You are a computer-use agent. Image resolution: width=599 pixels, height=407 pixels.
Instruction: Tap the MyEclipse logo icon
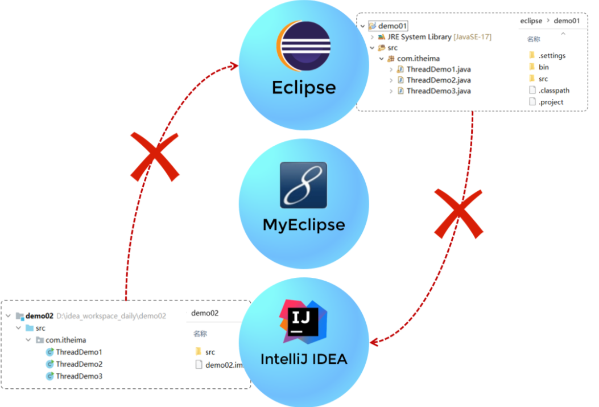[304, 185]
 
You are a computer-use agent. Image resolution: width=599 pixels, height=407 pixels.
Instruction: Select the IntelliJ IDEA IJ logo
[303, 320]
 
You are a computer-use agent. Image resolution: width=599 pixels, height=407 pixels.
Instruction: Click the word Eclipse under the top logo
[304, 87]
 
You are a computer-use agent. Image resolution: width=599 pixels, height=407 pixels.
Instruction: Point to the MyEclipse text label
[304, 225]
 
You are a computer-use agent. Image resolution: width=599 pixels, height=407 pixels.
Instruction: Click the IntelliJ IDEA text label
[304, 359]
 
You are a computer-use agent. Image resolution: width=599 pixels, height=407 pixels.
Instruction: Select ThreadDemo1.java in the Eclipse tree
[438, 69]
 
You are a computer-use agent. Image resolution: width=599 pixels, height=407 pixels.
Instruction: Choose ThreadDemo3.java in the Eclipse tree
[438, 91]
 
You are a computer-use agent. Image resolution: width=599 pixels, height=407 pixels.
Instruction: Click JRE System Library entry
[418, 37]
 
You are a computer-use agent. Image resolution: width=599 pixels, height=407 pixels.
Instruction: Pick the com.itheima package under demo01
[418, 59]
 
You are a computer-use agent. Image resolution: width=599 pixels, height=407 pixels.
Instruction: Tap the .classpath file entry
[553, 91]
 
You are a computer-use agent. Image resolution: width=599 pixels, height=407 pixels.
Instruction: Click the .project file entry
[551, 102]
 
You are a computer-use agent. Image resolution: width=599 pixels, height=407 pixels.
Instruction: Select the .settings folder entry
[552, 56]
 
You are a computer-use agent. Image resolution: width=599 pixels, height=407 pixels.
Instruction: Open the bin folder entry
[544, 67]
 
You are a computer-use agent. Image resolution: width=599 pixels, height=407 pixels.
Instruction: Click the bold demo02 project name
[39, 316]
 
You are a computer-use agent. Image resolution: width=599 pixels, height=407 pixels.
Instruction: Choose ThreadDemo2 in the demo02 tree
[79, 364]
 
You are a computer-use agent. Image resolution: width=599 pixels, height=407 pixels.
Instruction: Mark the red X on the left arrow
[155, 156]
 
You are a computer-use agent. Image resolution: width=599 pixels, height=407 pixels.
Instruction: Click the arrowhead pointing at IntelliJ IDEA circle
[374, 342]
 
